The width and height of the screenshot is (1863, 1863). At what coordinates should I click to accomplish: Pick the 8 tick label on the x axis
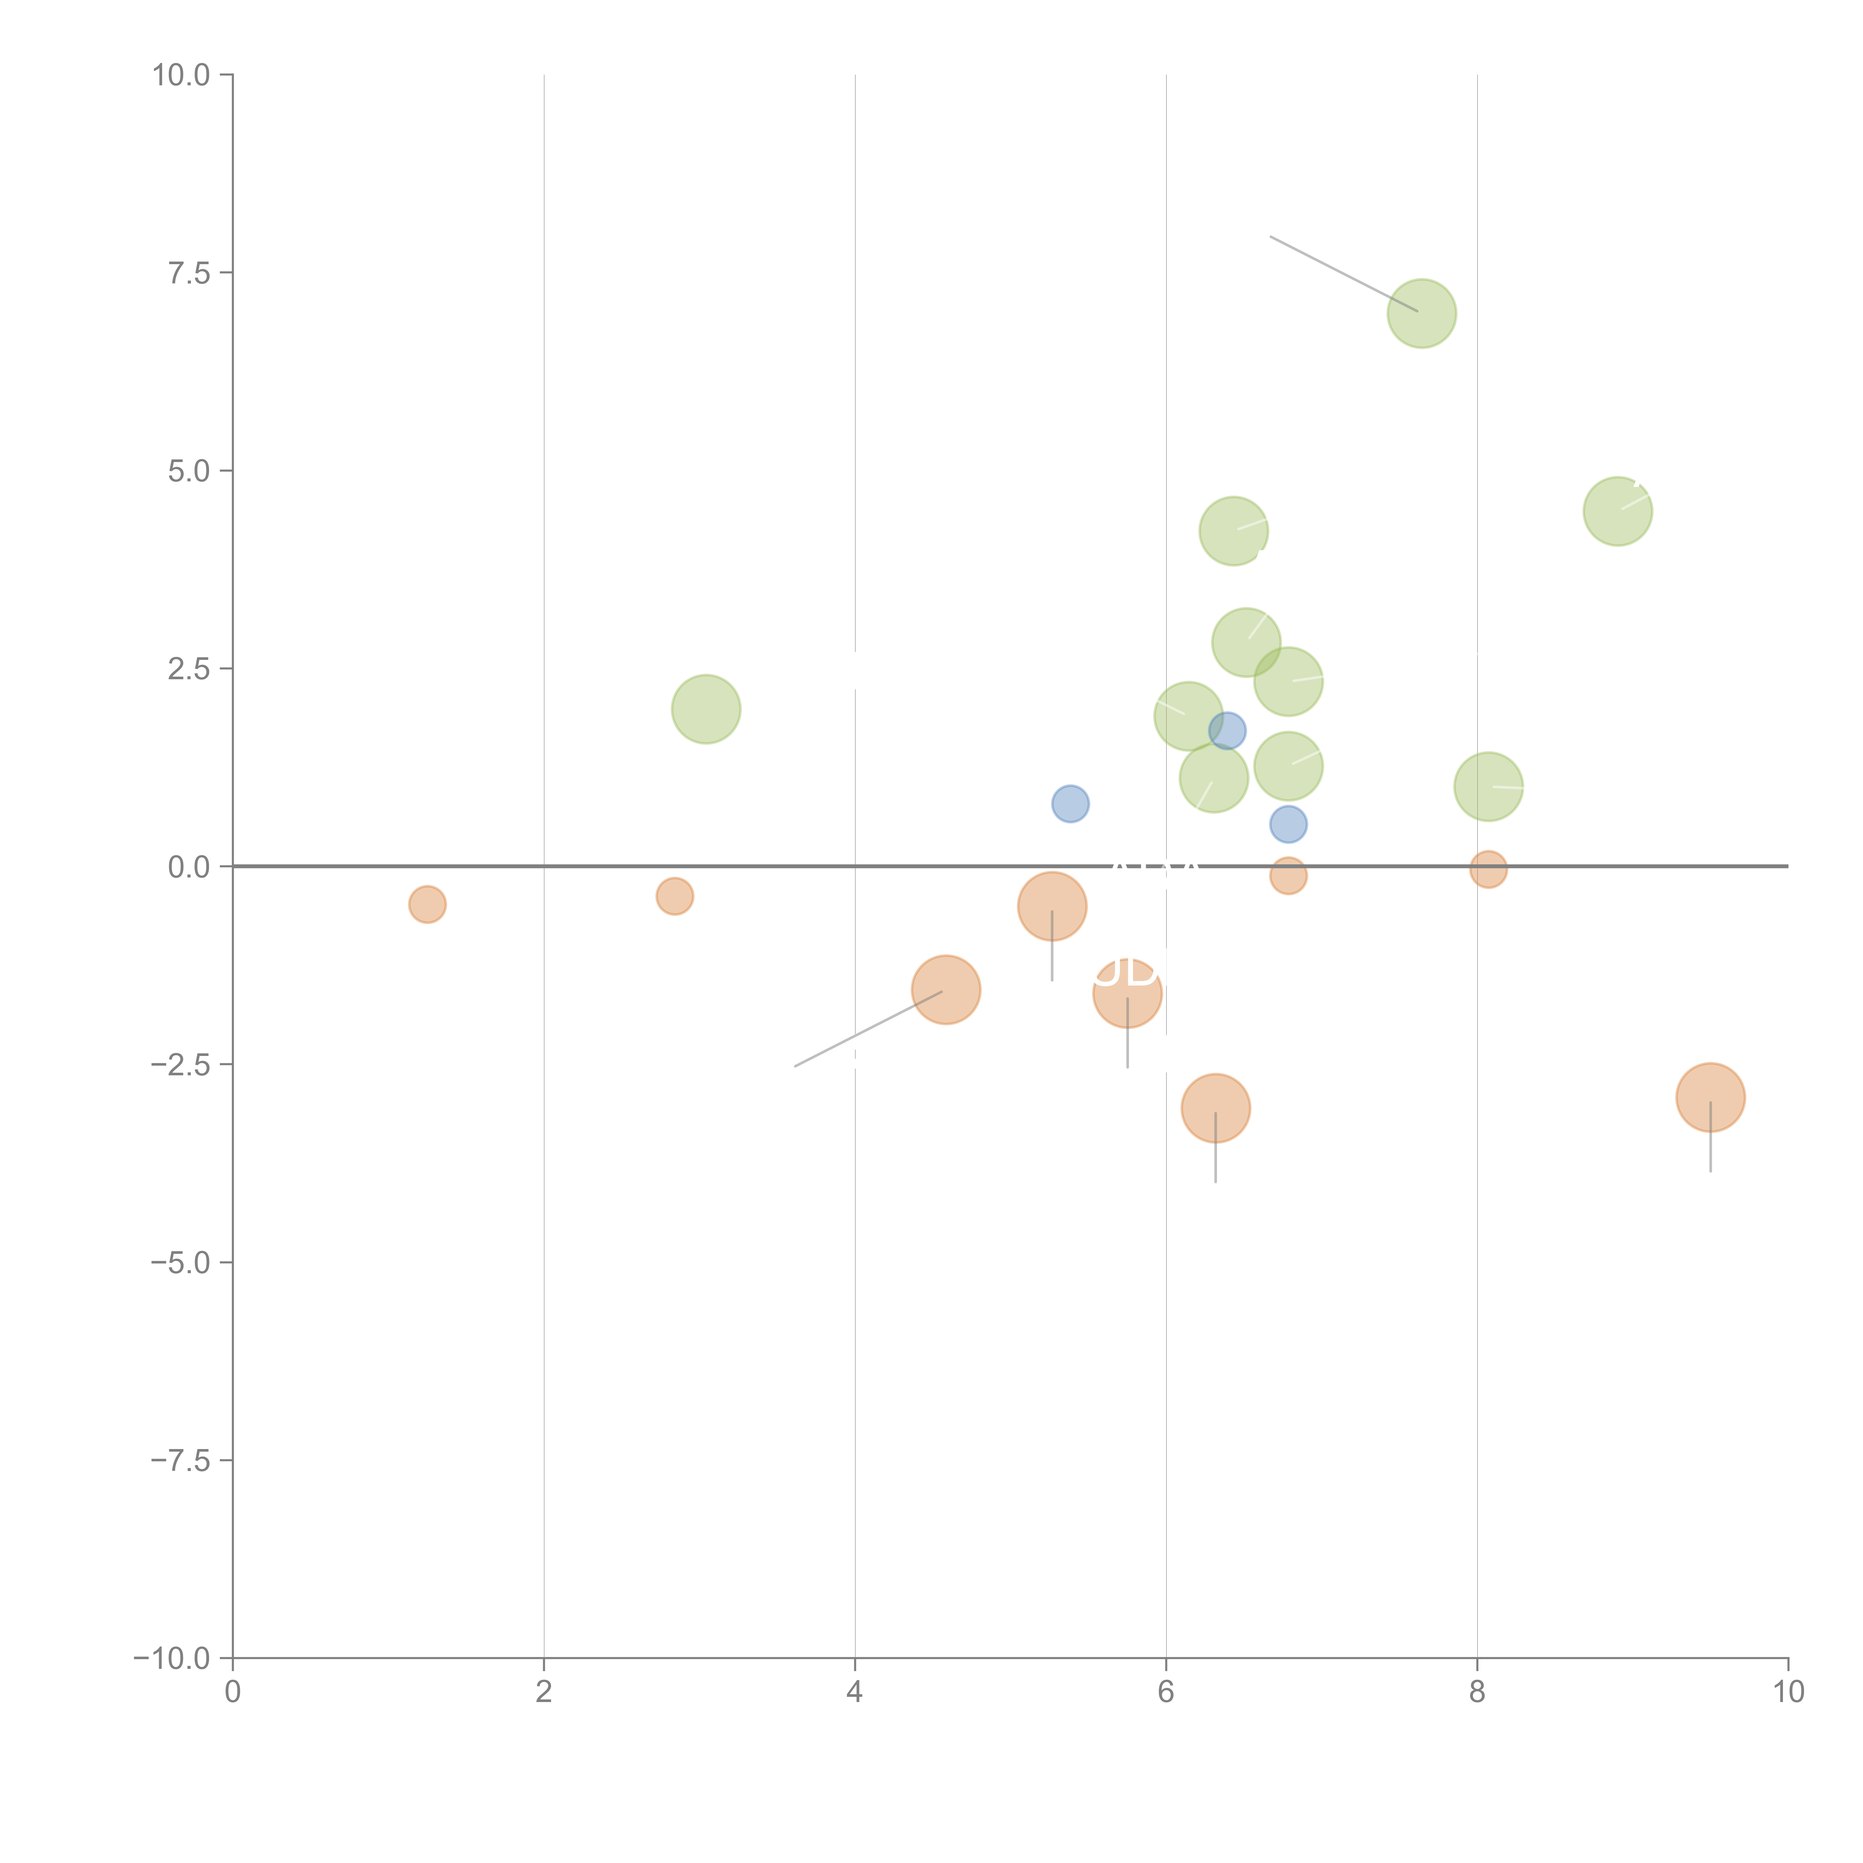click(1477, 1692)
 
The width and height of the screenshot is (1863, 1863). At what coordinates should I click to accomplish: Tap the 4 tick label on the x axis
click(854, 1692)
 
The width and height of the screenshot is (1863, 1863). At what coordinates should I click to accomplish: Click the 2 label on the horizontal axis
click(544, 1692)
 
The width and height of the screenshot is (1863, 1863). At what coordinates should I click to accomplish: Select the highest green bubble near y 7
click(1421, 313)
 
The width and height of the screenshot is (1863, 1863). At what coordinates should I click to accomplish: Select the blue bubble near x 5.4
click(1070, 803)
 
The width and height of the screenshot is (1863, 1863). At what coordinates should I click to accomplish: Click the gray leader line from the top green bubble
click(1343, 274)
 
